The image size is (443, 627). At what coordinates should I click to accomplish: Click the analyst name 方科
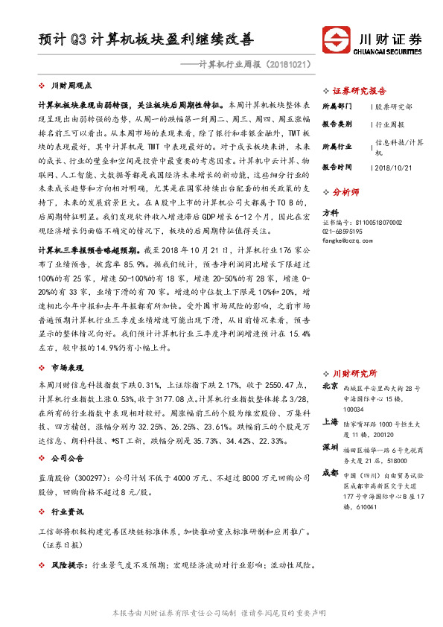coord(328,213)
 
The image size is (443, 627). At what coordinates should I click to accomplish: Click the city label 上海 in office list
coord(331,421)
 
